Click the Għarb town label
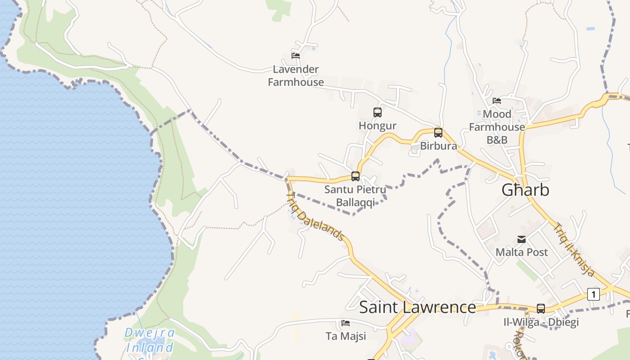(525, 190)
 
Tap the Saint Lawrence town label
(417, 307)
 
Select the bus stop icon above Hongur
(378, 112)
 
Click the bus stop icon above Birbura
(438, 133)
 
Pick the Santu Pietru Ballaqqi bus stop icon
(355, 176)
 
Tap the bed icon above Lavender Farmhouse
(296, 56)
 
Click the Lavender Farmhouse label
(296, 76)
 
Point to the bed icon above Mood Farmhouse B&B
(497, 101)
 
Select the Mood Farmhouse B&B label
(497, 127)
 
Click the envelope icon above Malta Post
(522, 239)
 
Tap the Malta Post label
(522, 252)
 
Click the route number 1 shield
(594, 294)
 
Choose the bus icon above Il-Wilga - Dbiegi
(541, 309)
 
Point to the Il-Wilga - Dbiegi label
(541, 322)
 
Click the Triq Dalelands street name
(316, 217)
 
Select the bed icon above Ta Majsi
(346, 323)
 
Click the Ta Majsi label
(346, 336)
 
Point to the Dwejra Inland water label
(149, 341)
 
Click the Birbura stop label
(438, 146)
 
